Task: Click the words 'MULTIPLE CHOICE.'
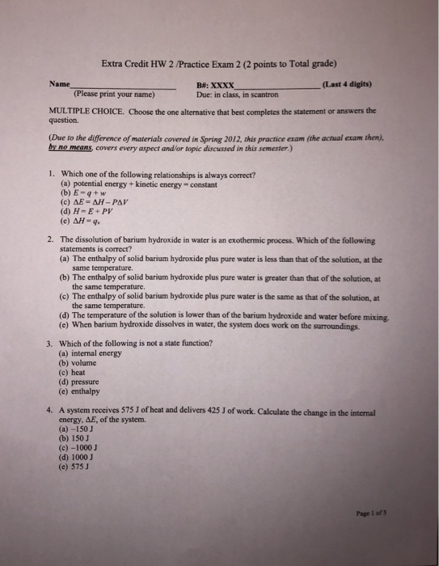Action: [82, 112]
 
